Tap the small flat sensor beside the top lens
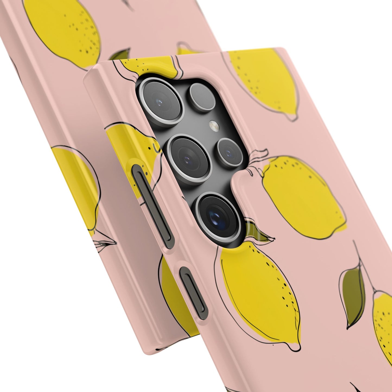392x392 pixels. coord(202,97)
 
